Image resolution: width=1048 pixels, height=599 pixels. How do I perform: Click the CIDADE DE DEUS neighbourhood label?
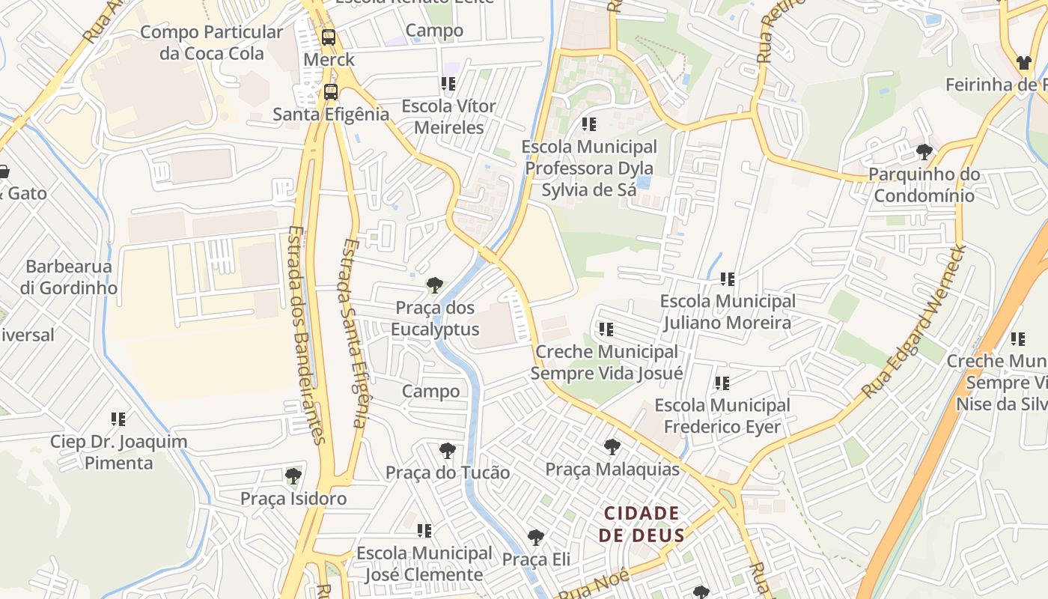642,524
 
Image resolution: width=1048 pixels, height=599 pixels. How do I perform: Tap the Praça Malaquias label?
612,469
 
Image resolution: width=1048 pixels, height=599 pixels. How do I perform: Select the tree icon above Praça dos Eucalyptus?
434,285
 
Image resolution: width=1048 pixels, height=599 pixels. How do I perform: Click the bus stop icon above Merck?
328,37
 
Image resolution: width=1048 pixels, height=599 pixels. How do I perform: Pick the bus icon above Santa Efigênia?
330,92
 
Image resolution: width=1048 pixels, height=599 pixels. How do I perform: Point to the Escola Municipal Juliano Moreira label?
727,311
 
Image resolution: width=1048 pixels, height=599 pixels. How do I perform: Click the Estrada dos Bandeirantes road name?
306,335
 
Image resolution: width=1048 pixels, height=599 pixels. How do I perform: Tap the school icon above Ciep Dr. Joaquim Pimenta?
118,419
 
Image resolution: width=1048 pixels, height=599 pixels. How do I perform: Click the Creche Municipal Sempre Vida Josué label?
606,362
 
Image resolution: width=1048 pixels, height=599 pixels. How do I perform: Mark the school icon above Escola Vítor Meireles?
448,84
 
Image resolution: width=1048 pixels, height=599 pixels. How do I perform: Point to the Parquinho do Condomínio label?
924,185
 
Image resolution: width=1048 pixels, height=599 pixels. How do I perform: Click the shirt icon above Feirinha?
1023,63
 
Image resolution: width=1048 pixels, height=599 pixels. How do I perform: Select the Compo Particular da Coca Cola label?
212,43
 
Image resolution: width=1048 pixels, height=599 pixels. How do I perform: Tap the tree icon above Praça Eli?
535,538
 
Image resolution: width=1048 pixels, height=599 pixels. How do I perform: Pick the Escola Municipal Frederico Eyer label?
722,416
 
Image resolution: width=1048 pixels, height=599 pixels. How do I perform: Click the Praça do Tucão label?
447,472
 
